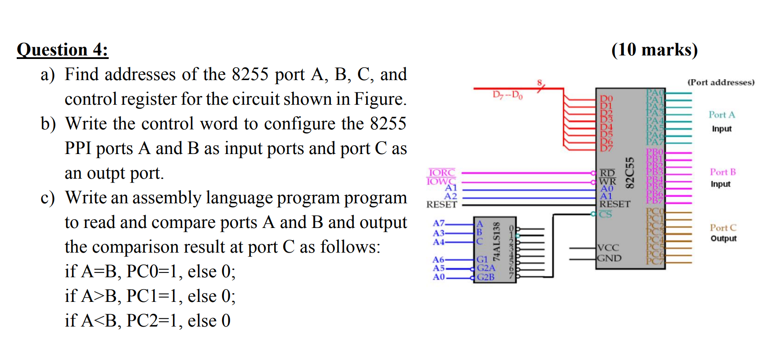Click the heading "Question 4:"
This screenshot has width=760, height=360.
62,50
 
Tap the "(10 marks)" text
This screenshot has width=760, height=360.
654,50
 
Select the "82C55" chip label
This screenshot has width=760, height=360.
630,173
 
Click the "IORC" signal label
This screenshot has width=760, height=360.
441,173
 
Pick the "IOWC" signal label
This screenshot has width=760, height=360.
441,181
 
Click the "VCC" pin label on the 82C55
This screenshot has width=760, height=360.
608,248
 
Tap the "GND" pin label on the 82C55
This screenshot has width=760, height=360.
609,258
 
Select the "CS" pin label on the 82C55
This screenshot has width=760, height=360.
606,214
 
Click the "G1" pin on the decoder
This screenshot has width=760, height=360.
482,260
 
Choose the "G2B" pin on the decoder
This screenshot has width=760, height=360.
486,277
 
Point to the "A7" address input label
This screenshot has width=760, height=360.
439,224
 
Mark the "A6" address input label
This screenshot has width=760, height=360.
438,260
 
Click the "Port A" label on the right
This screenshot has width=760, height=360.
722,115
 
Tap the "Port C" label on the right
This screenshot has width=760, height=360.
723,228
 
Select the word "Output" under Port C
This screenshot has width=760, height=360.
723,239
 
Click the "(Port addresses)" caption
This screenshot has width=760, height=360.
721,82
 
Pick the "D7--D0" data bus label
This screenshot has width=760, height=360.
507,95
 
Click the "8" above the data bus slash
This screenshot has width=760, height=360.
540,83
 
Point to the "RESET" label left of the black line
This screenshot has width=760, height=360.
441,205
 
